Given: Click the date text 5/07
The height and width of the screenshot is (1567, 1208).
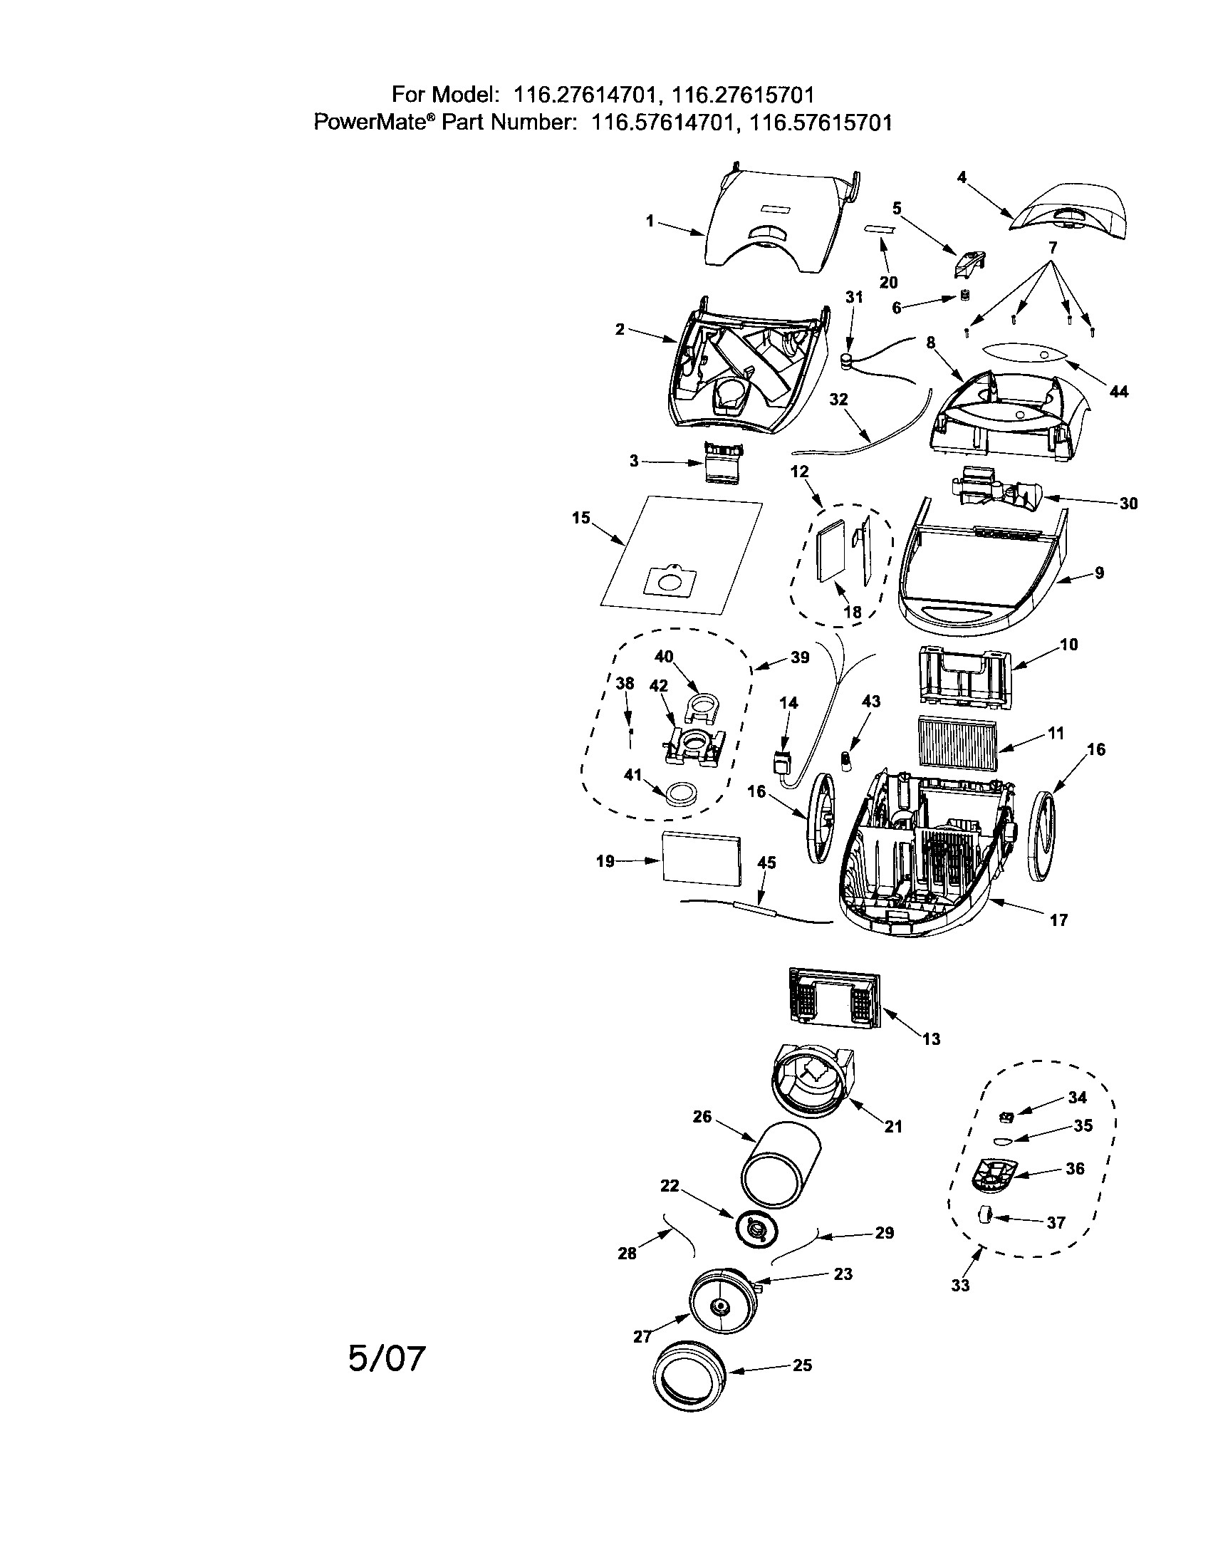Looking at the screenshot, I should coord(387,1358).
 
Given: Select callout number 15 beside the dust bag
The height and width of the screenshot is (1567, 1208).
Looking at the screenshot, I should coord(580,517).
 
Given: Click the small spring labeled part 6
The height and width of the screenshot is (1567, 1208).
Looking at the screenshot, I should coord(965,296).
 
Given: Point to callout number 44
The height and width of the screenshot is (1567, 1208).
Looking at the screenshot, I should coord(1118,391).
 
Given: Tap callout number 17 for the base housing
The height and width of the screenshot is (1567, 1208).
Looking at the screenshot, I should coord(1058,920).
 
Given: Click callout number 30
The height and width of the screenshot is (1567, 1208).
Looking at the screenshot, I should coord(1128,504).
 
